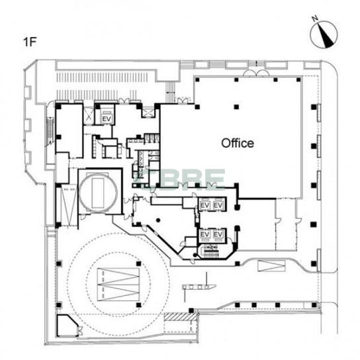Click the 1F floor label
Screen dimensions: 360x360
tap(30, 42)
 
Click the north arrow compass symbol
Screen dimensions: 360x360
tap(324, 34)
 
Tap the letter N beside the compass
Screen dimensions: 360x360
tap(315, 19)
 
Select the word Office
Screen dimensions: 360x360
tap(238, 143)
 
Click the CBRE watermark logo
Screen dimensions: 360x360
tap(181, 180)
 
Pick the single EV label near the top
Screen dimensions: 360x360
tap(107, 119)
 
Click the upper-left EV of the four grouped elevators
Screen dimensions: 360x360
tap(204, 204)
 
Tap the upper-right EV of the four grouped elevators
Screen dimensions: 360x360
tap(218, 204)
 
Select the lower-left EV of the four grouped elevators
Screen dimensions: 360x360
tap(204, 234)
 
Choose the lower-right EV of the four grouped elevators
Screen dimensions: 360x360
tap(218, 234)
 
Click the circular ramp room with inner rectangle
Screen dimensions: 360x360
tap(99, 193)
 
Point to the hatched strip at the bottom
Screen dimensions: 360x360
tap(181, 316)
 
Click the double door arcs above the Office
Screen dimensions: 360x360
tap(256, 73)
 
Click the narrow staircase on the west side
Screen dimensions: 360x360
tap(50, 132)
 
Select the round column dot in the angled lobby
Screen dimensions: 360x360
tap(158, 220)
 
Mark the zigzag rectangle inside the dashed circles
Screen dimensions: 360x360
tap(118, 285)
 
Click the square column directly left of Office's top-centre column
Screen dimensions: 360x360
tap(197, 107)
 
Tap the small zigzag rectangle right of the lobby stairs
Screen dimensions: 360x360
tap(271, 265)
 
